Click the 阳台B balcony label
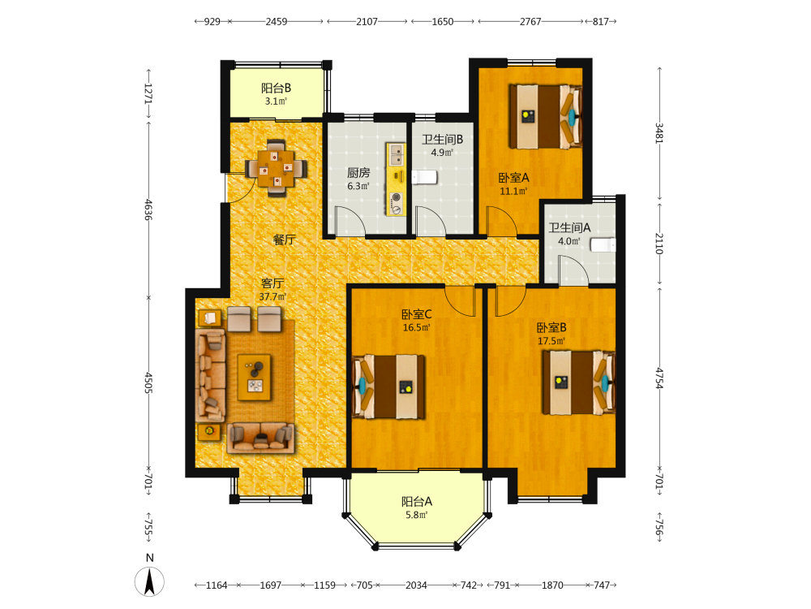click(x=276, y=88)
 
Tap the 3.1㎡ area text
click(x=276, y=101)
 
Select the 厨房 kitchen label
click(x=358, y=173)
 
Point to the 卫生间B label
click(x=442, y=140)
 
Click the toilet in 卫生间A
click(x=603, y=244)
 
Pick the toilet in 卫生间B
click(x=425, y=177)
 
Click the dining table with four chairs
click(x=277, y=168)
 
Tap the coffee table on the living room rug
click(x=254, y=378)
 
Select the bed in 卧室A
click(x=546, y=116)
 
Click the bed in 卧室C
click(x=388, y=387)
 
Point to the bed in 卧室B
click(x=579, y=382)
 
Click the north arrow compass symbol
click(x=149, y=581)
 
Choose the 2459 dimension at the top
click(x=277, y=22)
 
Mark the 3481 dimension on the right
click(x=659, y=133)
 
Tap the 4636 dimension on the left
click(x=148, y=209)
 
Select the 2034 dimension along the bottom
click(x=416, y=585)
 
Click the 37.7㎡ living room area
click(x=272, y=296)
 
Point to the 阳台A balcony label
click(x=417, y=501)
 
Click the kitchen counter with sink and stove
click(x=397, y=179)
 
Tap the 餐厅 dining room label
click(x=284, y=240)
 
